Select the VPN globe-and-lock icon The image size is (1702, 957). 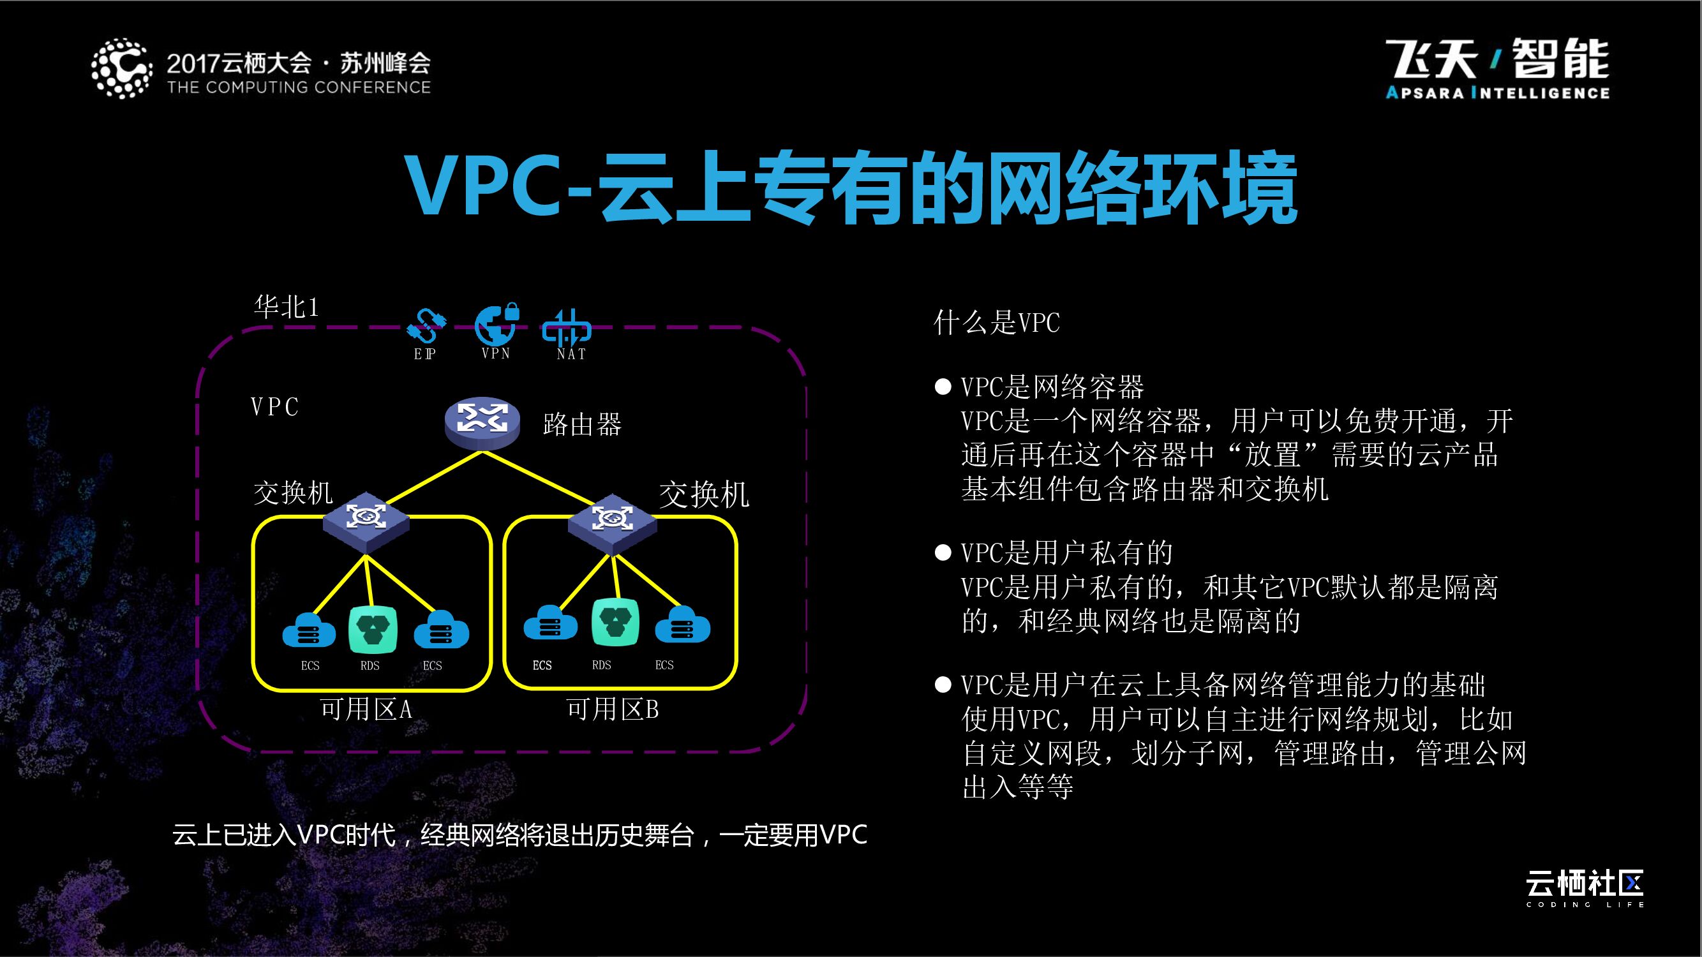coord(497,323)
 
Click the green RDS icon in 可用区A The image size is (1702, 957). coord(372,629)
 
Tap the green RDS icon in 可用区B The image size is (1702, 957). coord(615,623)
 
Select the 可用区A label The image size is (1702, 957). coord(366,710)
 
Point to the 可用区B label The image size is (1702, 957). coord(613,710)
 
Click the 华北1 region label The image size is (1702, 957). coord(286,307)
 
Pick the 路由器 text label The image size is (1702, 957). coord(582,425)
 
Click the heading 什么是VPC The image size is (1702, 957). coord(996,323)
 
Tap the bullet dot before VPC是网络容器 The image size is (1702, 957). coord(943,387)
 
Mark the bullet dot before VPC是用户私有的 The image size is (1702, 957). coord(943,553)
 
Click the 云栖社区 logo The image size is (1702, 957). coord(1584,888)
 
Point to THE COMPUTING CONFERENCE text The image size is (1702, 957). coord(299,87)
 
